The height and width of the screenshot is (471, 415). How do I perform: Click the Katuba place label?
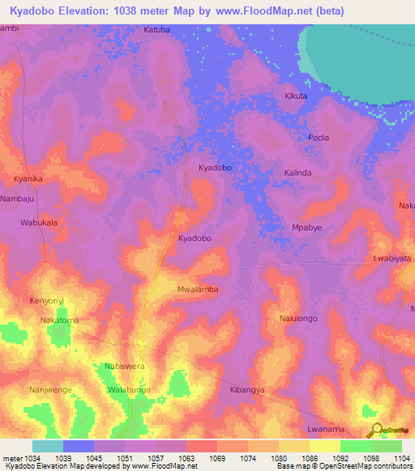[x=157, y=30]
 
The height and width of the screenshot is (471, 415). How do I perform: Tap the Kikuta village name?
[x=296, y=96]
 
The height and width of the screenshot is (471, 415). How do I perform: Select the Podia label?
[x=319, y=138]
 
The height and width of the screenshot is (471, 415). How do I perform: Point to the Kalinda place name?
[x=297, y=173]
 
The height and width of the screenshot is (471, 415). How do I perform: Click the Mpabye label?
[x=306, y=227]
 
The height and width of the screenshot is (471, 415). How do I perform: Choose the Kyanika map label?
[x=28, y=178]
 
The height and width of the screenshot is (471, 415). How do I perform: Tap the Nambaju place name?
[x=18, y=197]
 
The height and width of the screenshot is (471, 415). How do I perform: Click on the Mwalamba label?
[x=198, y=289]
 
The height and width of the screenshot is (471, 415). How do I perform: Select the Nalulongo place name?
[x=298, y=320]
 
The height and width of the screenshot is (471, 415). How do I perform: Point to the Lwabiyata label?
[x=392, y=258]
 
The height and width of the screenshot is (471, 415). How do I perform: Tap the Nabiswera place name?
[x=124, y=367]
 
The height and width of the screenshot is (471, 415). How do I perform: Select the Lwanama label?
[x=327, y=429]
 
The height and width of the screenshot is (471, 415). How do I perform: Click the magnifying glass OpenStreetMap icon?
[x=375, y=431]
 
